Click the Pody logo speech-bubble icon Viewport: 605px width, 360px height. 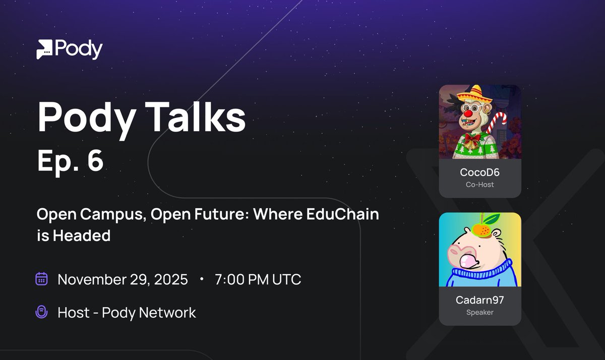[x=44, y=49]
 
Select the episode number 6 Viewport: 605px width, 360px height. [x=94, y=160]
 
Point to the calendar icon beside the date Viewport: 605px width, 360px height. [x=41, y=279]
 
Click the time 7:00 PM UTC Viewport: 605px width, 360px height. [x=258, y=279]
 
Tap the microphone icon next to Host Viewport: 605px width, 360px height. [x=41, y=312]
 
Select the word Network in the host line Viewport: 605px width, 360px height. [x=167, y=313]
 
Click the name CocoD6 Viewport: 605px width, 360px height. [x=479, y=172]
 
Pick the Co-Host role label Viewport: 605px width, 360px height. [x=479, y=185]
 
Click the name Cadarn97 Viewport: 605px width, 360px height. [x=479, y=300]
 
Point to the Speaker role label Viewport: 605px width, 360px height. [x=479, y=313]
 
